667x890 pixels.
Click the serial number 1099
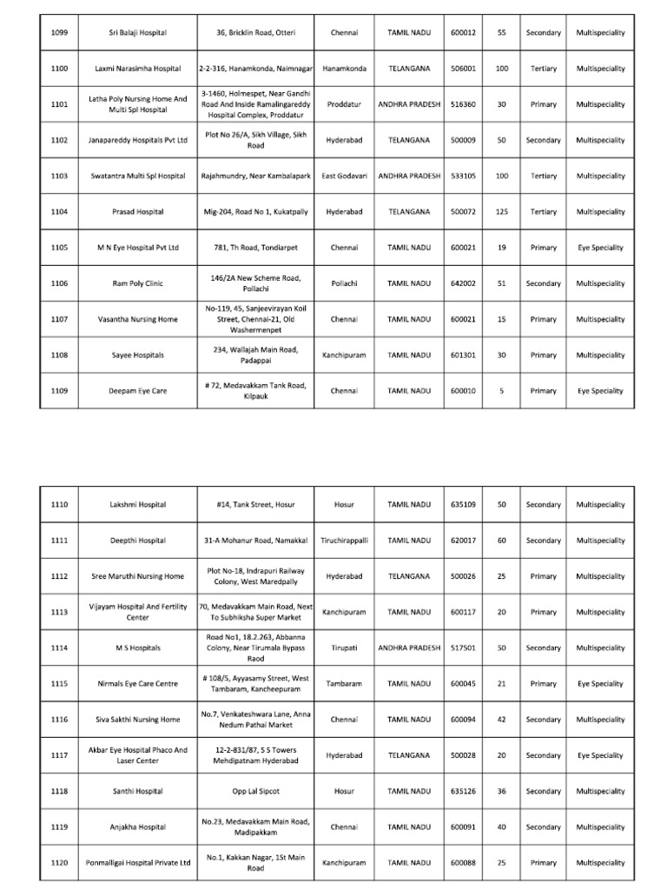pos(59,33)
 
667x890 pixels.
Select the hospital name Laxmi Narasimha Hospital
pos(137,69)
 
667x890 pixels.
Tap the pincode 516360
pos(462,104)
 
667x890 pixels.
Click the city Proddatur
pos(344,104)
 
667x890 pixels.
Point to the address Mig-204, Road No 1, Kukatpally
pos(256,212)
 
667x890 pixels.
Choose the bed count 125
pos(501,212)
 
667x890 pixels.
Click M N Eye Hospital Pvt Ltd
pos(137,248)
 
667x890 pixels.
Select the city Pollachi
pos(344,283)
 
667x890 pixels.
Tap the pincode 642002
pos(462,283)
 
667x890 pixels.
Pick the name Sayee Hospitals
pos(137,355)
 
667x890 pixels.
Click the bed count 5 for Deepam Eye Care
pos(501,391)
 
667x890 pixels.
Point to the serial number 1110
pos(59,505)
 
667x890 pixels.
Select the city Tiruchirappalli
pos(344,541)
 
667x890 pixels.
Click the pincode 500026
pos(462,576)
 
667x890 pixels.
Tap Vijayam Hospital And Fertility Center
pos(137,612)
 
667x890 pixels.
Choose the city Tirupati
pos(344,648)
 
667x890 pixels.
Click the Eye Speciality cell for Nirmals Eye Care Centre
pos(600,684)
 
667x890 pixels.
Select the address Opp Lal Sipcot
pos(256,792)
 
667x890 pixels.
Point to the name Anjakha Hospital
pos(137,827)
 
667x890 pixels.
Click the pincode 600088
pos(462,863)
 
